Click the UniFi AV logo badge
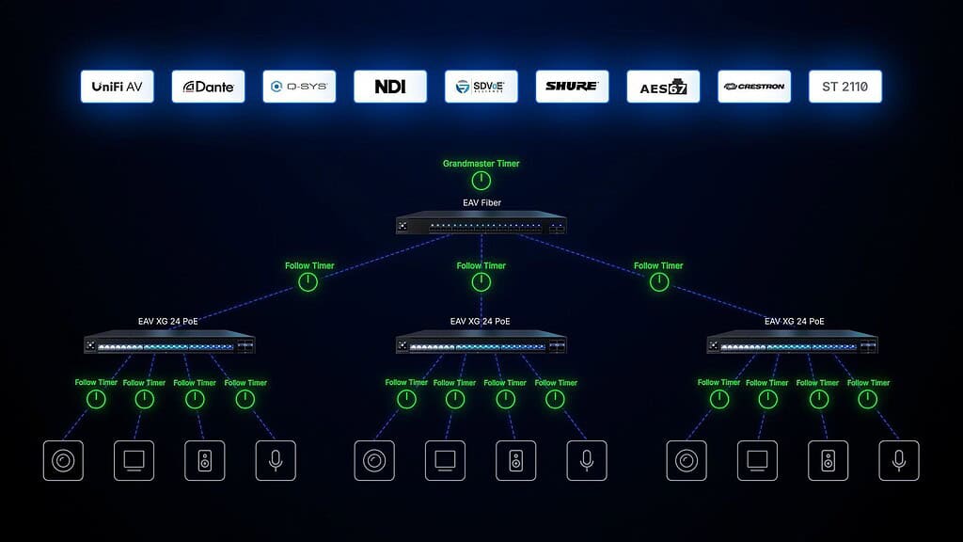117,87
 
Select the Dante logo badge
208,87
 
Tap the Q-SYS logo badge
299,87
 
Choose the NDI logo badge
390,87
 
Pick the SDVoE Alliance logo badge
481,87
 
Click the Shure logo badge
572,87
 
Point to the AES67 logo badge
663,87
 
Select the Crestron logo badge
754,87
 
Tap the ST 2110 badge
845,87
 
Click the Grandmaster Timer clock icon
481,182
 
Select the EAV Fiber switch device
481,225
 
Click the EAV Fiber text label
481,202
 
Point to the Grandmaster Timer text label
481,164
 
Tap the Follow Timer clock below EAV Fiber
481,282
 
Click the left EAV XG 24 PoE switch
169,344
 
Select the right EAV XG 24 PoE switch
793,344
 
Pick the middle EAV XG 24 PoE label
481,322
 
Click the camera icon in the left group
63,460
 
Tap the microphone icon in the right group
899,460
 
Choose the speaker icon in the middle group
515,460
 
